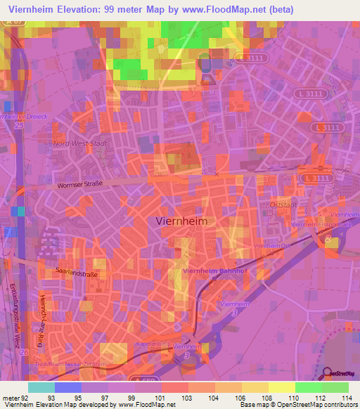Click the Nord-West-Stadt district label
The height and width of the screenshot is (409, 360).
coord(79,143)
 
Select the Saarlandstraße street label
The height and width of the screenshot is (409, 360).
coord(77,271)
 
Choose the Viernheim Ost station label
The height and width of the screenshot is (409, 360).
coord(272,246)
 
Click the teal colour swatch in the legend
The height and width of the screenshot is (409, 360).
coord(41,387)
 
